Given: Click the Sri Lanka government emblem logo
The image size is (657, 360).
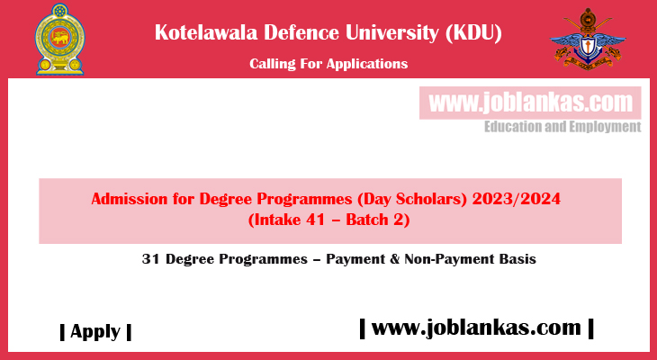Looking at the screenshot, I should (58, 40).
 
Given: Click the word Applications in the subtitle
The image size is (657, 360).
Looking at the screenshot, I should (367, 63).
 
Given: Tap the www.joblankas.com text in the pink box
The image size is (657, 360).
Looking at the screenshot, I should (530, 102).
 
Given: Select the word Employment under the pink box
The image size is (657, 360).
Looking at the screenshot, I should (605, 127).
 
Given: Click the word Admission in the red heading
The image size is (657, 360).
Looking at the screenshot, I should (130, 199).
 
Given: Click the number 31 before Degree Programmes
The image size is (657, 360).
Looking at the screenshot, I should (150, 258).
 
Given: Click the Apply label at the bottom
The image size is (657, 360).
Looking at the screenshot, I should (95, 331).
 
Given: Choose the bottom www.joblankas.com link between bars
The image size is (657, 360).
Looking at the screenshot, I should (476, 328).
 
